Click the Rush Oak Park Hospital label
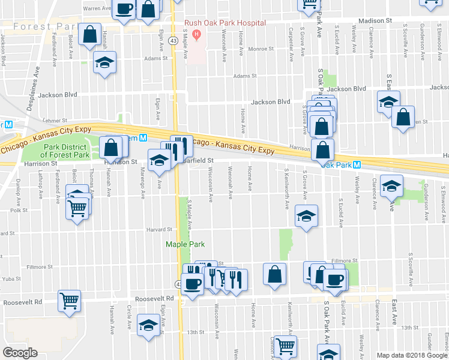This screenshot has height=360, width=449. pyautogui.click(x=225, y=23)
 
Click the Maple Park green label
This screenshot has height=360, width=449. pyautogui.click(x=185, y=244)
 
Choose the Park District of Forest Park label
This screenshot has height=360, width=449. pyautogui.click(x=66, y=151)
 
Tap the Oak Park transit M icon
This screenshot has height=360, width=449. pyautogui.click(x=357, y=164)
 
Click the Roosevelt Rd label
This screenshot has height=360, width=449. pyautogui.click(x=154, y=298)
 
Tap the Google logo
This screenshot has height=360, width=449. pyautogui.click(x=20, y=352)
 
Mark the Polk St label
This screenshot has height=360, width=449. pyautogui.click(x=19, y=211)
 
